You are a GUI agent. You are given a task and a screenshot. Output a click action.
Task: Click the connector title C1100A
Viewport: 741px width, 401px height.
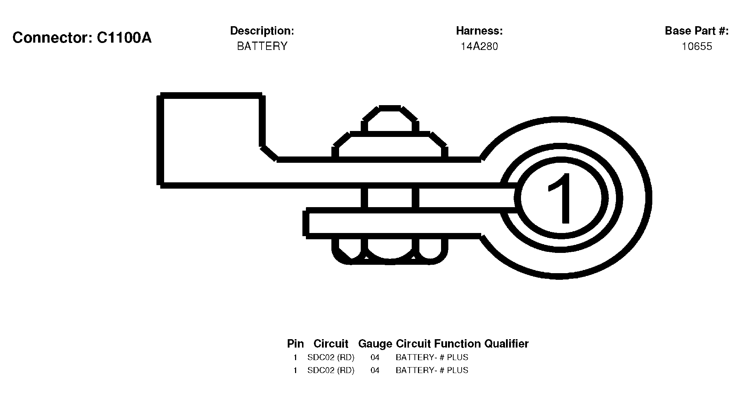[x=82, y=38]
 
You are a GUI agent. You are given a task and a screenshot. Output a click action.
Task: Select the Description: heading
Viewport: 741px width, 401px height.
[x=262, y=31]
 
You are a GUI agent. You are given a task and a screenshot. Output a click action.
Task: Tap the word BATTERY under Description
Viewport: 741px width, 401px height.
[x=262, y=46]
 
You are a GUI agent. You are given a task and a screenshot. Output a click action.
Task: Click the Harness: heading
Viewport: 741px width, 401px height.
[x=479, y=31]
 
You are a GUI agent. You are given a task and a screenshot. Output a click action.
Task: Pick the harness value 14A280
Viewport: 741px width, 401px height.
[x=479, y=46]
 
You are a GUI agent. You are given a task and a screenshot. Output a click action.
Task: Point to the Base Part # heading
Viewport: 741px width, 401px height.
[x=697, y=31]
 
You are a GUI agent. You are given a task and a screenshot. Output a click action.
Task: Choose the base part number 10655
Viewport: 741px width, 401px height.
[x=697, y=46]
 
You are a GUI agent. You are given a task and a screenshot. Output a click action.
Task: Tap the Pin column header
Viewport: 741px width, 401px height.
[x=295, y=344]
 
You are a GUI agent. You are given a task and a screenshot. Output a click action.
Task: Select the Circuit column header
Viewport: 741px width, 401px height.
[x=331, y=344]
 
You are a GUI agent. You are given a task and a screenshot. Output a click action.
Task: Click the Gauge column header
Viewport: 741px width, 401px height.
[x=375, y=344]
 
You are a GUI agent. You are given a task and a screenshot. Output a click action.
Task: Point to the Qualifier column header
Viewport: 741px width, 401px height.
[x=506, y=344]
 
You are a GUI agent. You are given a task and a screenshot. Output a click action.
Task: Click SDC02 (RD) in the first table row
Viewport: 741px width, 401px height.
[x=331, y=357]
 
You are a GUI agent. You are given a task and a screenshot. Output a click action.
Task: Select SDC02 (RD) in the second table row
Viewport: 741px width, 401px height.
[x=331, y=370]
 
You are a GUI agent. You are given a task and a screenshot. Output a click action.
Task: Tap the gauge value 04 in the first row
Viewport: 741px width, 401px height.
[x=375, y=357]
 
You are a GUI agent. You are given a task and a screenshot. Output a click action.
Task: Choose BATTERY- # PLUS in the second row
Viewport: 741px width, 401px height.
[x=432, y=370]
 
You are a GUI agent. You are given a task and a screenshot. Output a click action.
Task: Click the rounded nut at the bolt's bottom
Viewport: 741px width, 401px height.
[x=390, y=251]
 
